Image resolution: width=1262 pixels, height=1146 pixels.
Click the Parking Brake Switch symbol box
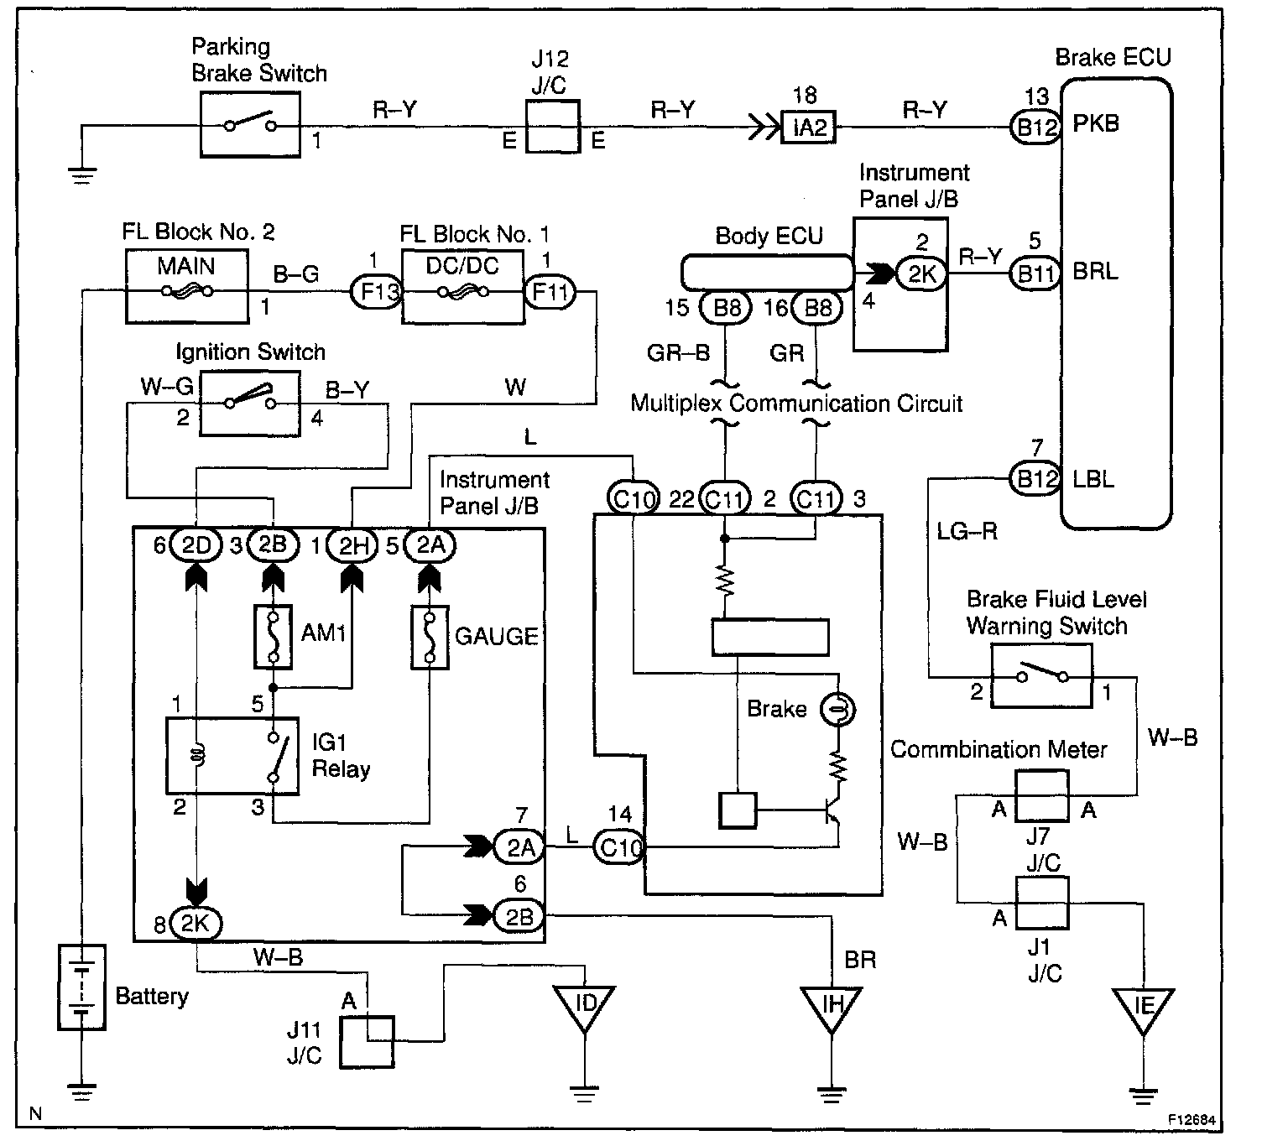(250, 124)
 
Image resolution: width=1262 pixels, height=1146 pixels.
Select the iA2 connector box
(808, 128)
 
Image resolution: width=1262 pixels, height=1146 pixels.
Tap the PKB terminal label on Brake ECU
(1096, 124)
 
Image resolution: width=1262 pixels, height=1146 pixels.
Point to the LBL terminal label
(1094, 479)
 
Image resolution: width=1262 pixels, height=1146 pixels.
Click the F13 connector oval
(374, 293)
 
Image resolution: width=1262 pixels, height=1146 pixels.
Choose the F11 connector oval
(550, 293)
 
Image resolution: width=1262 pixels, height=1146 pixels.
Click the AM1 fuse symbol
(273, 637)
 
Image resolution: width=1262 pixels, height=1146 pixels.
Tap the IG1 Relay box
(232, 755)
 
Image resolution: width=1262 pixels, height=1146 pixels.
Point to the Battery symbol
(81, 987)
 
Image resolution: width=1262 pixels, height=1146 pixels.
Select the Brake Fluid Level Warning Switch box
(1041, 676)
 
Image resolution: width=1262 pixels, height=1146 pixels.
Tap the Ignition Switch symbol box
(249, 404)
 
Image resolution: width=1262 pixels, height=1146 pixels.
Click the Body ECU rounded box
(765, 273)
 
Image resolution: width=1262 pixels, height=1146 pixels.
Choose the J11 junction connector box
(367, 1042)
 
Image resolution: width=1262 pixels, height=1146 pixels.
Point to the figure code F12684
(1193, 1120)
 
